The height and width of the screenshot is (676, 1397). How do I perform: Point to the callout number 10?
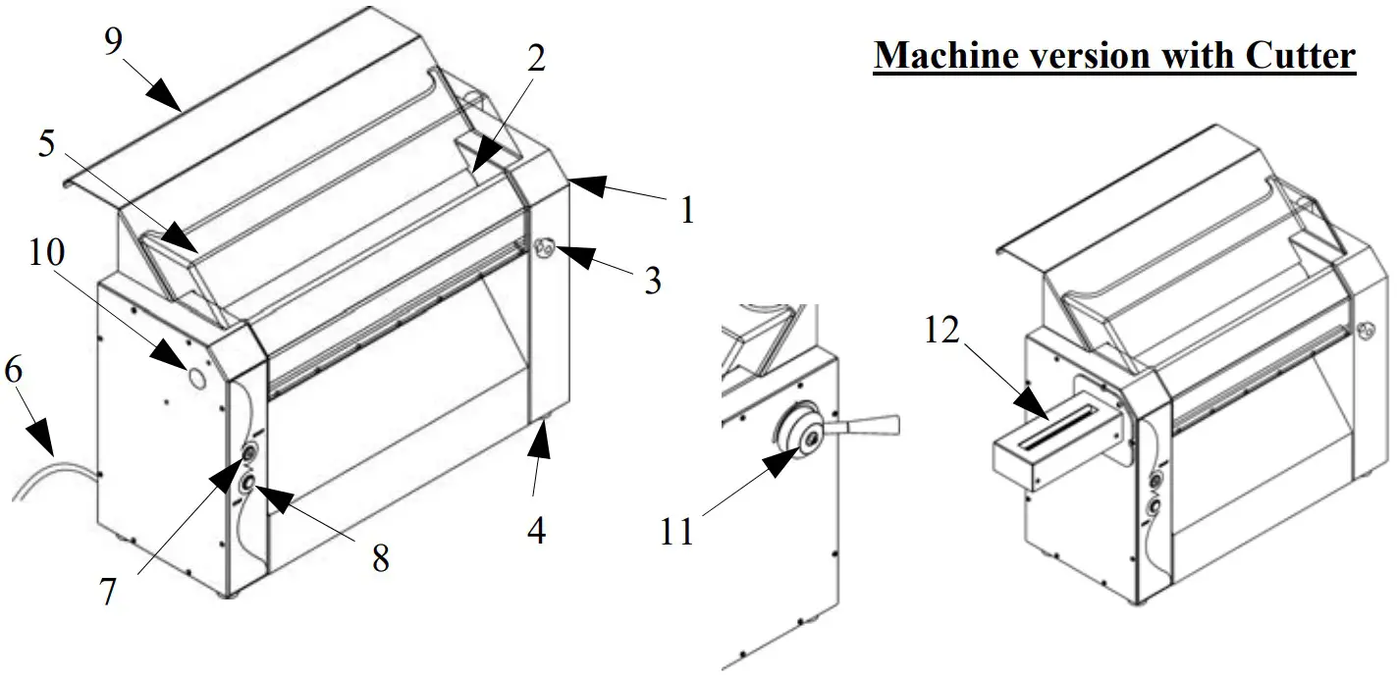tap(46, 252)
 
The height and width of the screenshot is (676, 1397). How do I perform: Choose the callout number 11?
tap(675, 533)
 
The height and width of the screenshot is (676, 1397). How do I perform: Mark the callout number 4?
tap(535, 530)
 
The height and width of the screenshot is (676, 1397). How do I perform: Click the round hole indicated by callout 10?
tap(194, 377)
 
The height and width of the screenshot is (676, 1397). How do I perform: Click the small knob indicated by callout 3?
tap(544, 247)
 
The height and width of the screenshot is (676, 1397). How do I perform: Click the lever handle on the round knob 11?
tap(874, 425)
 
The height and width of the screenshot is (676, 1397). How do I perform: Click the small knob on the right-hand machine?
tap(1364, 332)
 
